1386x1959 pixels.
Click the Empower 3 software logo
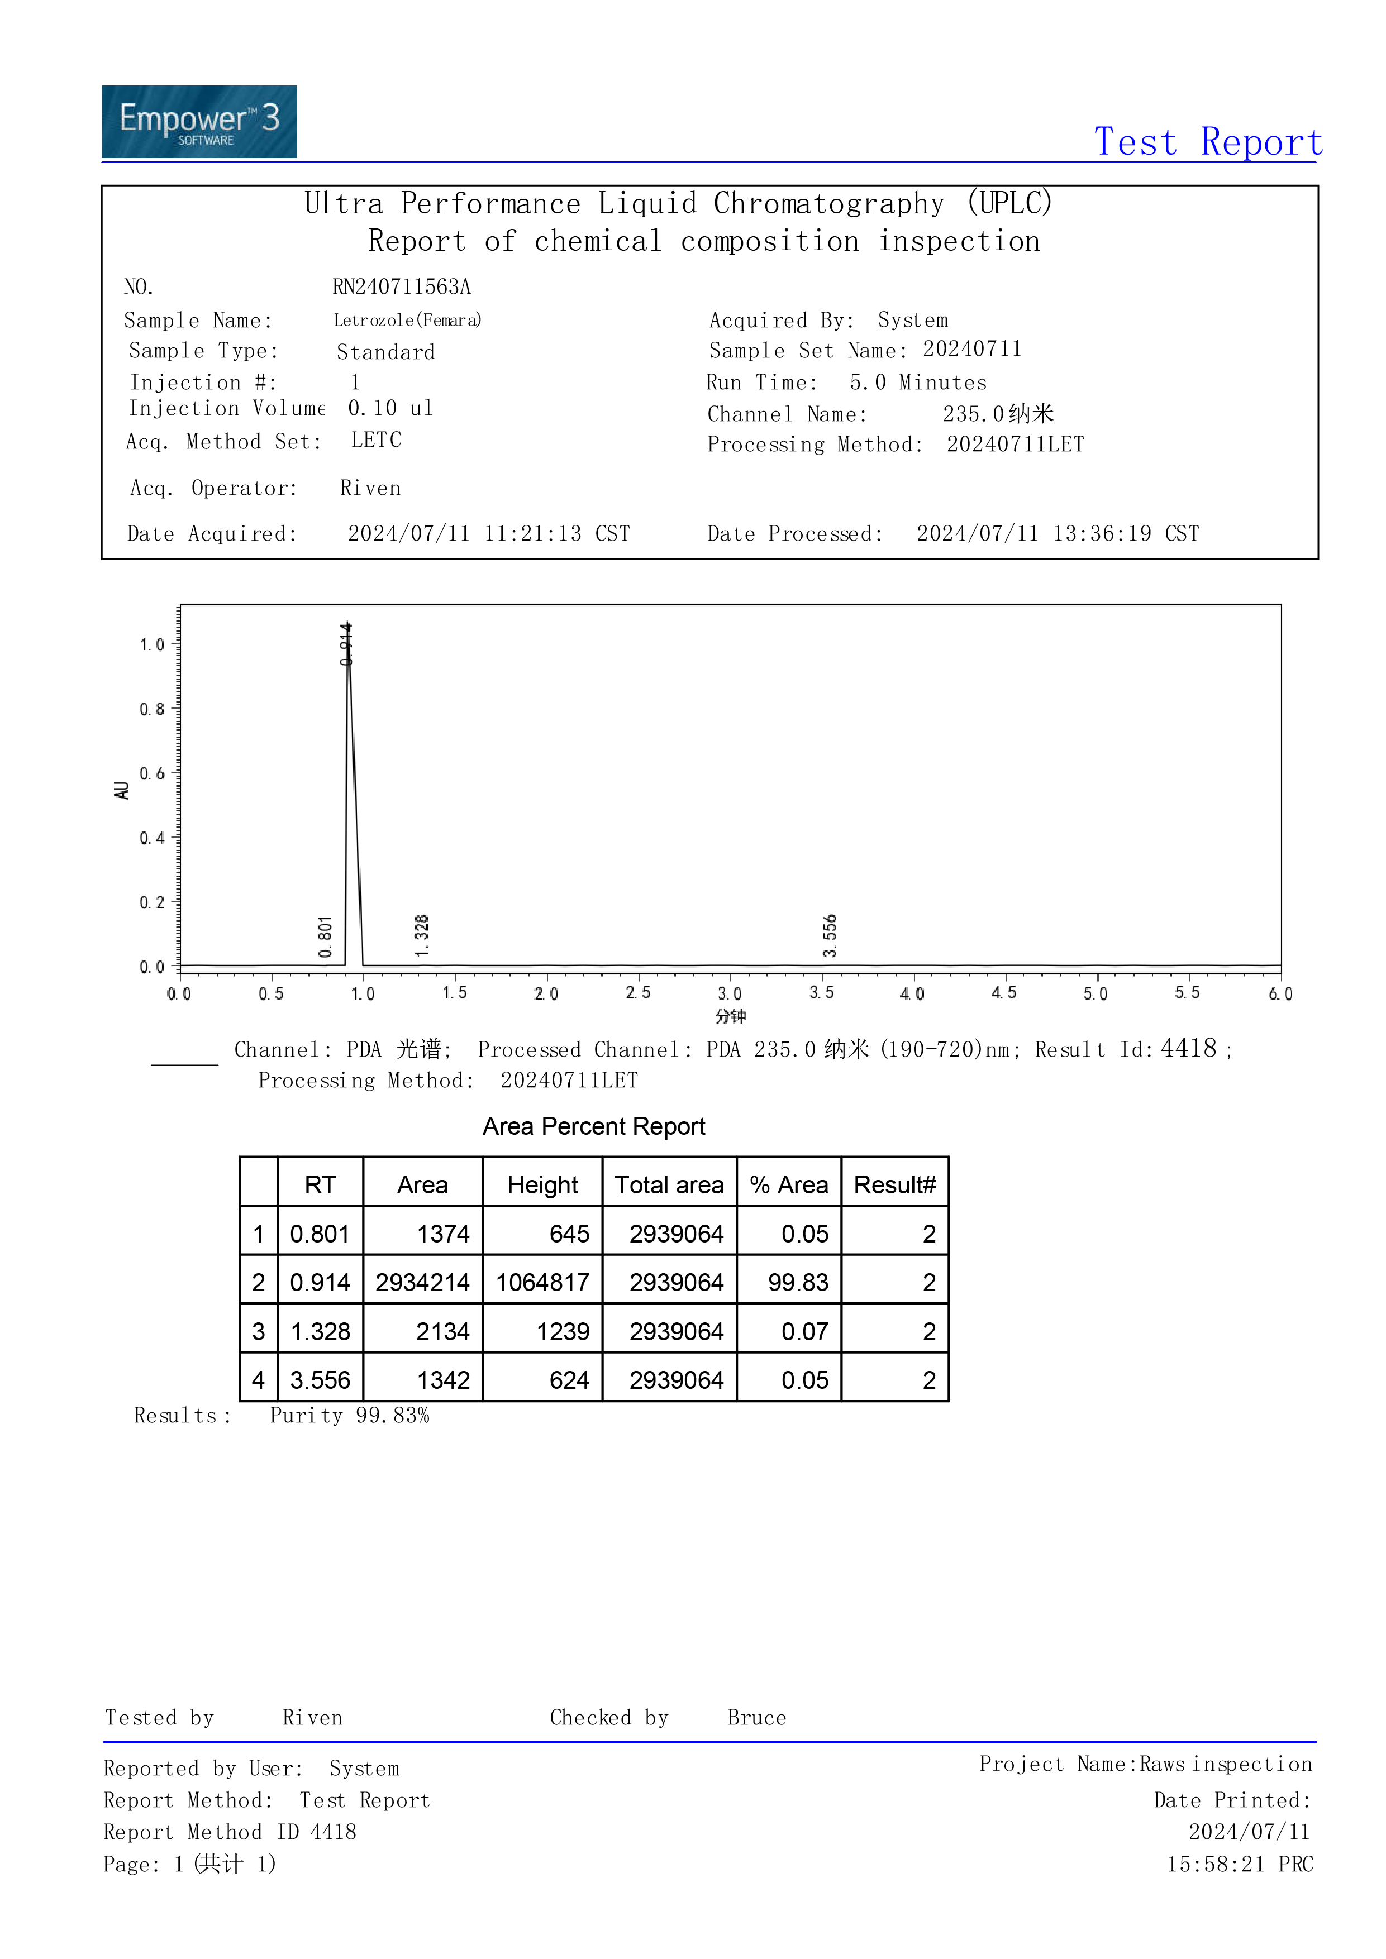(199, 121)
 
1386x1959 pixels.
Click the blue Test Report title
(1208, 142)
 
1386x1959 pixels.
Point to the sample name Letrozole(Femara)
(407, 321)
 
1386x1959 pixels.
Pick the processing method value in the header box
(1015, 445)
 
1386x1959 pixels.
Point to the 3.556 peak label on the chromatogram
(830, 935)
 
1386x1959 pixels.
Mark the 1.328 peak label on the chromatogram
(422, 936)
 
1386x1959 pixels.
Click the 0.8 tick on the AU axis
(152, 709)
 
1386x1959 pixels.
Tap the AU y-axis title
(122, 790)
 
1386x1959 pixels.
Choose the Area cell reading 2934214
(422, 1282)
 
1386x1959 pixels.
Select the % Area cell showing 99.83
(797, 1282)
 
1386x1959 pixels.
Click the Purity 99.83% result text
(349, 1416)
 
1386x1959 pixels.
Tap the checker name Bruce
(756, 1718)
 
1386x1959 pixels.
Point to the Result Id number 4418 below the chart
(1188, 1049)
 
